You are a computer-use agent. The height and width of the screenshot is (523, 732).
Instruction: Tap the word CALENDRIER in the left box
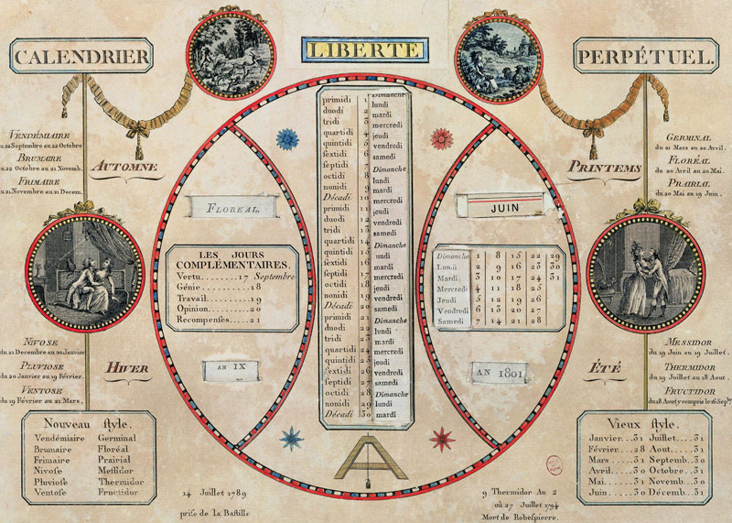click(81, 57)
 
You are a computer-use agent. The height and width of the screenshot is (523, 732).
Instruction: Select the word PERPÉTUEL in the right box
click(644, 57)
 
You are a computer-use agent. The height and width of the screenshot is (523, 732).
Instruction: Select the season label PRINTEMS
click(604, 168)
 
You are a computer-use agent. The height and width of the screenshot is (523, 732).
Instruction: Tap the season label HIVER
click(126, 369)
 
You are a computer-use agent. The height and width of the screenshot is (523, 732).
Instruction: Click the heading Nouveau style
click(88, 424)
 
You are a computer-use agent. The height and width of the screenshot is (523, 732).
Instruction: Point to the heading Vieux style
click(642, 424)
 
